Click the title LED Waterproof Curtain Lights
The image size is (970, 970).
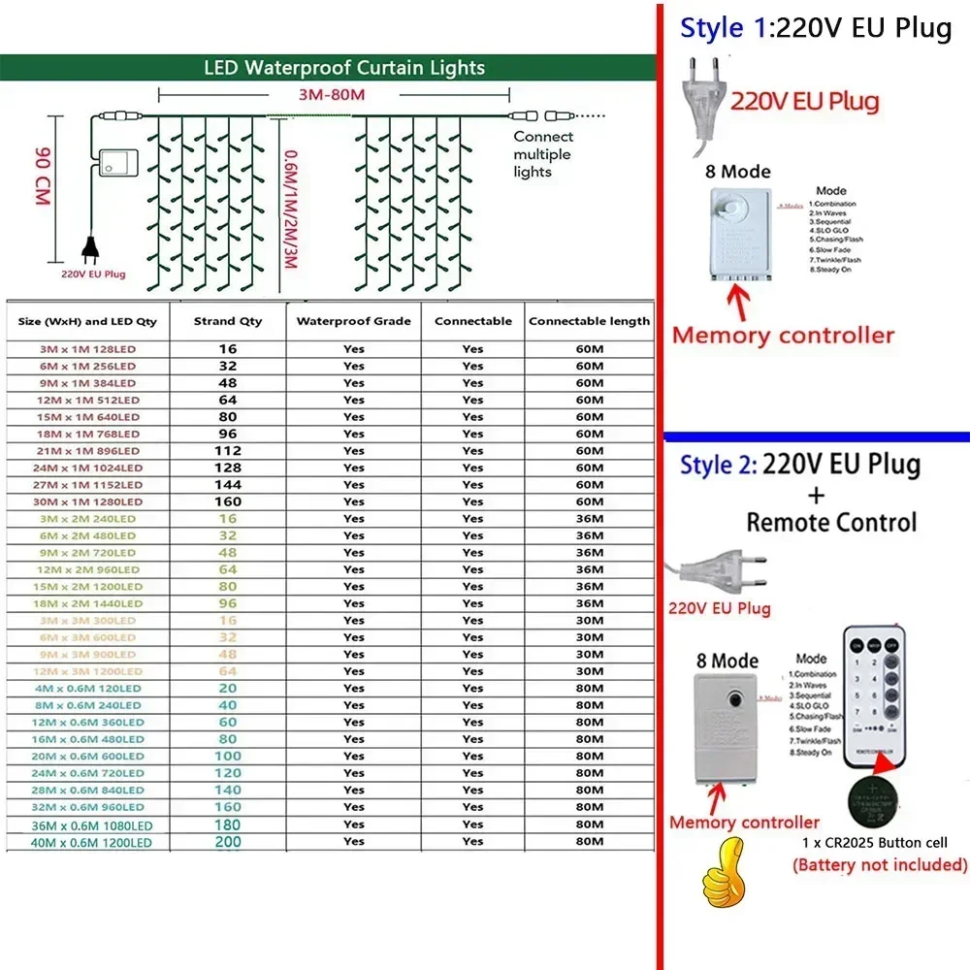(344, 68)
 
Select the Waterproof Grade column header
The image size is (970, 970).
(353, 321)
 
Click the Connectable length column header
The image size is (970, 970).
(590, 321)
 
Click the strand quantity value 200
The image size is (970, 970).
(228, 842)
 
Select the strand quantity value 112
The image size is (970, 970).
(228, 450)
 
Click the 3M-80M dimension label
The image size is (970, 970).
(333, 95)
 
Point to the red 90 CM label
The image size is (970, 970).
(43, 176)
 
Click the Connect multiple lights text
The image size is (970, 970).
(542, 154)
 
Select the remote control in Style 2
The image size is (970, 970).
(876, 693)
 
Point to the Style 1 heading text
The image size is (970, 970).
(815, 28)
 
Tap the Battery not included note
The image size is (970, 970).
(880, 864)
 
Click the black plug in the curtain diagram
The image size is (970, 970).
(88, 250)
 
